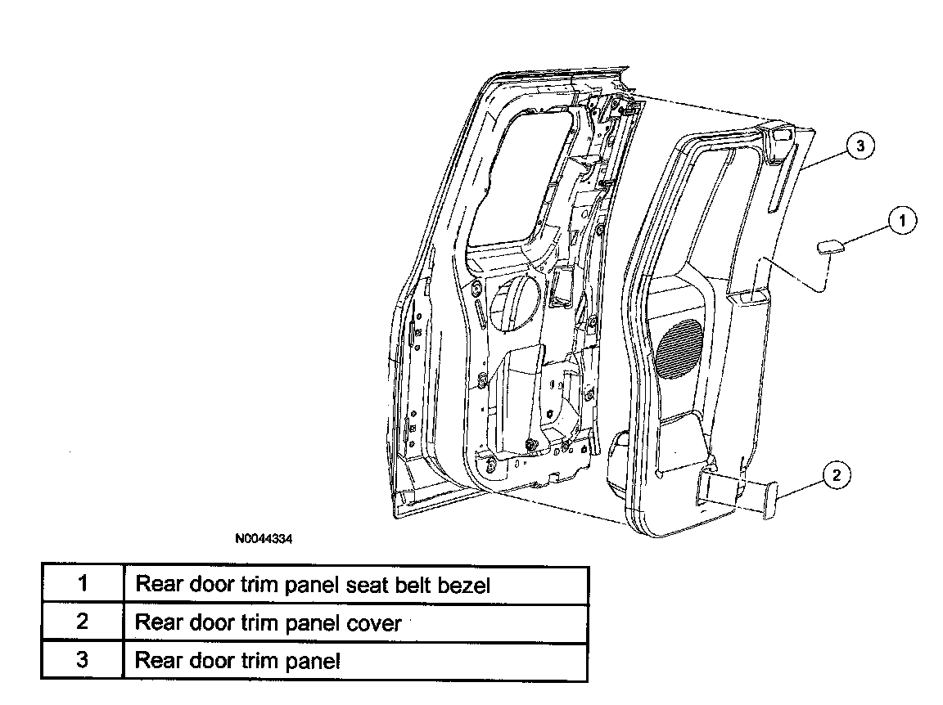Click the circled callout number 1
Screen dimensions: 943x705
coord(901,221)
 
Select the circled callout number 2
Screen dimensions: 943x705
coord(837,476)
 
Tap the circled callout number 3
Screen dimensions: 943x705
coord(860,146)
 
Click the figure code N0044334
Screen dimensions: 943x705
coord(264,538)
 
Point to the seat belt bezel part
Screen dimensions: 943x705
coord(830,246)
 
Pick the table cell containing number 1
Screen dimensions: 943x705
coord(83,584)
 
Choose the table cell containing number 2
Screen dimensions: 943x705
coord(83,622)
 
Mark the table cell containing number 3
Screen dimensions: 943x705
coord(83,661)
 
